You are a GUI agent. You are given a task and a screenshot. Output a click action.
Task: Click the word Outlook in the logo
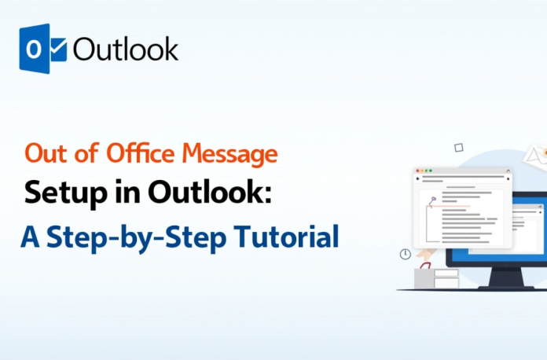[126, 49]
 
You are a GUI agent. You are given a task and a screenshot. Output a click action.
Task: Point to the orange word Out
[44, 153]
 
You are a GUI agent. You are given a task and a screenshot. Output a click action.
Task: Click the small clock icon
[406, 254]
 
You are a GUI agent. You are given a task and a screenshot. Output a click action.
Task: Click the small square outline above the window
[458, 147]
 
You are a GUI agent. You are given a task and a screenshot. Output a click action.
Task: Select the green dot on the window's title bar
[430, 171]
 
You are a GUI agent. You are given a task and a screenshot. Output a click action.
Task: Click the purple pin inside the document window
[432, 200]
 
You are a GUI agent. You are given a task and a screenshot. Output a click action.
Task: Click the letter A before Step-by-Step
[30, 236]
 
